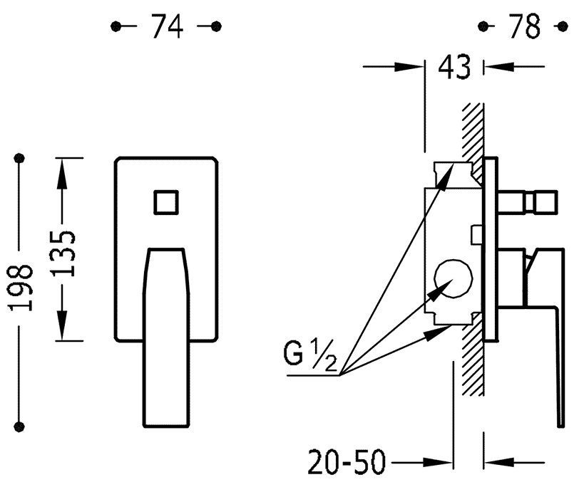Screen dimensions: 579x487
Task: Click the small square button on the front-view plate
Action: tap(166, 202)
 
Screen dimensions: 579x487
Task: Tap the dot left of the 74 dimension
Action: tap(116, 26)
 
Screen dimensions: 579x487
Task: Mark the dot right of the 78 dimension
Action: tap(563, 26)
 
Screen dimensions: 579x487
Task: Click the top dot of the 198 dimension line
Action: tap(19, 158)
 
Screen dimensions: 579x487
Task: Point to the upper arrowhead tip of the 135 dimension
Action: tap(62, 159)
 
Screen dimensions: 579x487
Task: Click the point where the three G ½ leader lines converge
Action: tap(340, 375)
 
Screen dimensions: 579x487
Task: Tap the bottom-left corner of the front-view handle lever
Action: tap(144, 426)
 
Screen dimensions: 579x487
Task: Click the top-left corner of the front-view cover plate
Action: tap(116, 159)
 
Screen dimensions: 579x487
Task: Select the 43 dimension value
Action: tap(454, 67)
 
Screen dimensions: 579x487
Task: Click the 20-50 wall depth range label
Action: tap(347, 461)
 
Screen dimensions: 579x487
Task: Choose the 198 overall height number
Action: tap(21, 287)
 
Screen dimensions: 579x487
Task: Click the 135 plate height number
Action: tap(63, 253)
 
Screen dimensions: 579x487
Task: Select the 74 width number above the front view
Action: tap(168, 26)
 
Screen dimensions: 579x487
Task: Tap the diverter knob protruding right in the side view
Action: tap(528, 202)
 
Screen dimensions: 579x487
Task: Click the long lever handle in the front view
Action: tap(166, 337)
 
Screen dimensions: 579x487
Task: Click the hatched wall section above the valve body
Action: tap(473, 141)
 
